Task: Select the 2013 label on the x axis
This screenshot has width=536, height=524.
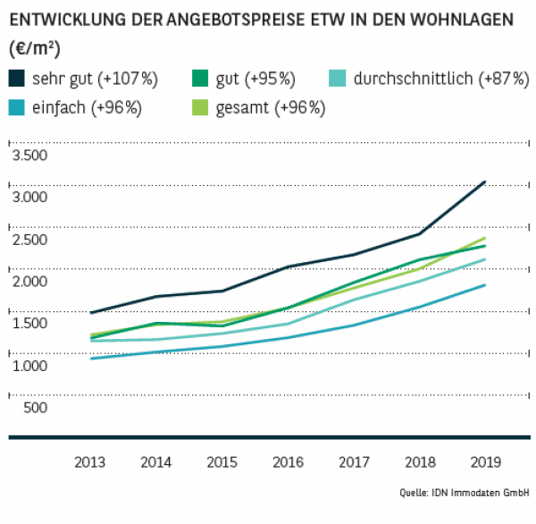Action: click(90, 462)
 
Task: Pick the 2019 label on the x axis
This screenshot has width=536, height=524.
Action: click(484, 462)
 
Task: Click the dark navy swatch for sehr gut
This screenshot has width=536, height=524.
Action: click(17, 79)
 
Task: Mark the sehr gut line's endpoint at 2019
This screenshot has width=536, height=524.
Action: click(485, 182)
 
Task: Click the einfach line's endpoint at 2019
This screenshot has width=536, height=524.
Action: click(485, 285)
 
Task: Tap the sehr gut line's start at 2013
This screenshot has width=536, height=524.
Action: click(91, 313)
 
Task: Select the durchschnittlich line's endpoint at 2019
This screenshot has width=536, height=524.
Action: click(485, 259)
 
